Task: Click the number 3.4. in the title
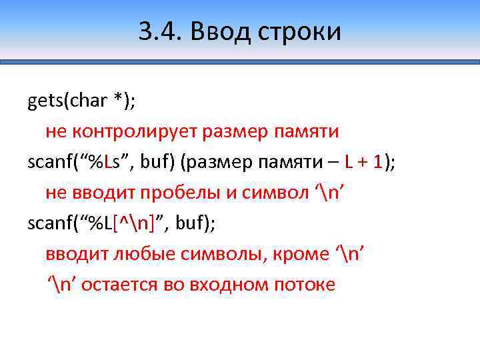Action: (159, 31)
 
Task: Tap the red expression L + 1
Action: (362, 162)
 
